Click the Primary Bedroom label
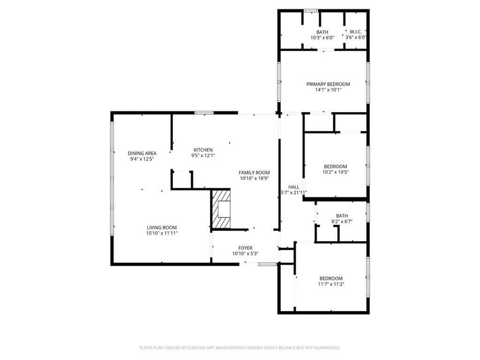click(x=328, y=84)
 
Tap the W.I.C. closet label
click(x=356, y=32)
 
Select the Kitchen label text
click(x=203, y=150)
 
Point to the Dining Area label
click(x=142, y=153)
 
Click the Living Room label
click(x=162, y=228)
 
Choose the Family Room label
click(x=254, y=172)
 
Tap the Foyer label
click(x=246, y=248)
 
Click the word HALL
click(x=294, y=187)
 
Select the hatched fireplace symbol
click(x=221, y=209)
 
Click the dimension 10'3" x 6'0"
click(x=322, y=37)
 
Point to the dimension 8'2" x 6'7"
click(x=342, y=222)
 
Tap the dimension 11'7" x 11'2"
click(x=331, y=284)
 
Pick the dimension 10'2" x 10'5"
click(x=336, y=172)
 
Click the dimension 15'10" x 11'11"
click(x=162, y=233)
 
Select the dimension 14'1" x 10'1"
click(x=328, y=90)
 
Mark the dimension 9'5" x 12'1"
click(x=203, y=156)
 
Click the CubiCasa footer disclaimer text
click(x=240, y=348)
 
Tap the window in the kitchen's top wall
click(x=204, y=112)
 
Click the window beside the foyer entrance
click(x=267, y=264)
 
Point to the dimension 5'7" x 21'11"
click(x=294, y=193)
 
